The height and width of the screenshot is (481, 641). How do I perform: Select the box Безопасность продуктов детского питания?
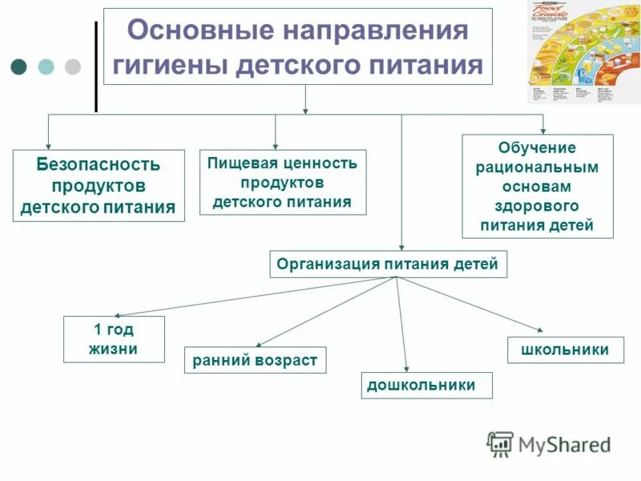(x=99, y=186)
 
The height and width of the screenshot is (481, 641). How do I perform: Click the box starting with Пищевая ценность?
(x=282, y=182)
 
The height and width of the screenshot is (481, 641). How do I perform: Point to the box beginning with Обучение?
(x=537, y=186)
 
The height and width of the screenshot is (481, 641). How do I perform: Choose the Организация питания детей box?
(x=387, y=264)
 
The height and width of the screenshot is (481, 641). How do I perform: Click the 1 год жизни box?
(x=114, y=339)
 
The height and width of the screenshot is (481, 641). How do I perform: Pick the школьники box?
(x=564, y=350)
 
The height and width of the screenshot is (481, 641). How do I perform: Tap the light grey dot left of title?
(x=73, y=66)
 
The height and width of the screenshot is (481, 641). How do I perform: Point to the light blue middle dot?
(x=46, y=66)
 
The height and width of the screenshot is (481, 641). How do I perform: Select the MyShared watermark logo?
(x=549, y=444)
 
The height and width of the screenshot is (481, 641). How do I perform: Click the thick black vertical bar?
(x=96, y=66)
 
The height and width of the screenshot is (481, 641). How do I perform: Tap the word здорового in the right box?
(x=537, y=206)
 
